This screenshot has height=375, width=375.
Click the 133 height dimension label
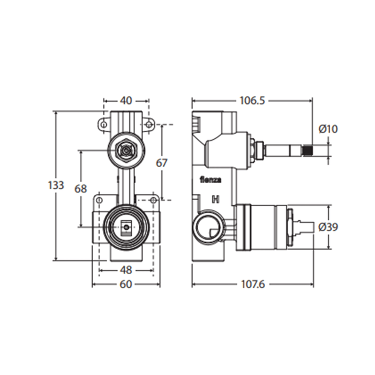(56, 185)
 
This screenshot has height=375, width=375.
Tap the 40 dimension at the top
(126, 101)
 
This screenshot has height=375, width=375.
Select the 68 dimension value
(80, 189)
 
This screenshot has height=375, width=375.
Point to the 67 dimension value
(162, 163)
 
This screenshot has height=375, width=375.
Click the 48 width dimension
(126, 270)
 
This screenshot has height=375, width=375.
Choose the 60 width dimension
(126, 284)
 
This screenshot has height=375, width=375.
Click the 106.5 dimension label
(252, 101)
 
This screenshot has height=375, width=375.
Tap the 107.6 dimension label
(253, 284)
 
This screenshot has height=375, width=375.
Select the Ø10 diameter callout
(328, 129)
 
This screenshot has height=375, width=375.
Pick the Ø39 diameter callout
(328, 227)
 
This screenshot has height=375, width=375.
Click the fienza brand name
(211, 180)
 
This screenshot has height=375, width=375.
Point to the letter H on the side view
(216, 199)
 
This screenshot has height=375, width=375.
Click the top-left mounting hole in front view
(103, 125)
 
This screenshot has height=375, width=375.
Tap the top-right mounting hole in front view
(148, 125)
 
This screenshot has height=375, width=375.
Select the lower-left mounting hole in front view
(100, 200)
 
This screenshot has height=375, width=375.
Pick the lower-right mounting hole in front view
(153, 200)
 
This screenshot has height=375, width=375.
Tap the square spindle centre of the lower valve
(126, 227)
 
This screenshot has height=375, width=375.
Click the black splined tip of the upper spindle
(308, 151)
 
